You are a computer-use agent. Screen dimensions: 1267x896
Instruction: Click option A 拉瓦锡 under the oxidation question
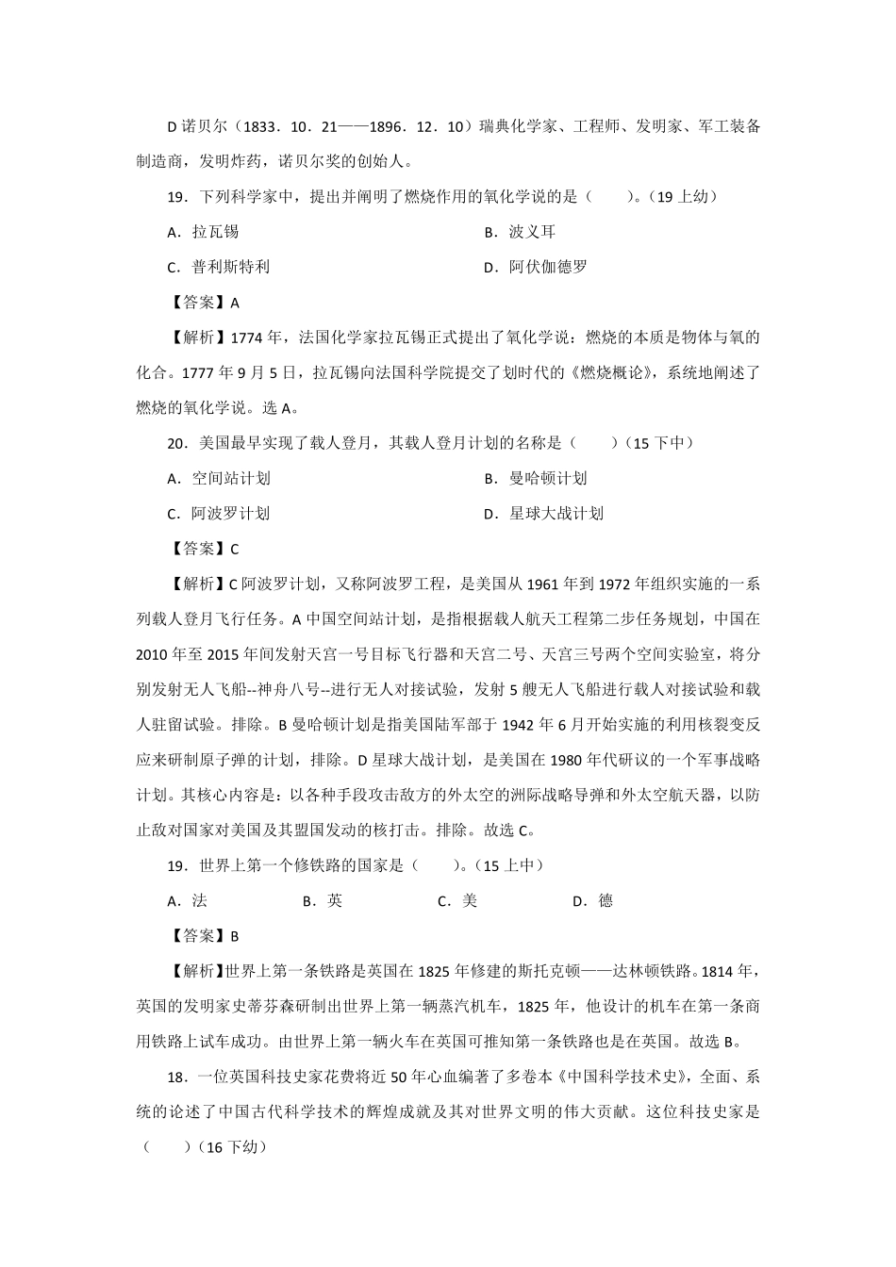pyautogui.click(x=203, y=232)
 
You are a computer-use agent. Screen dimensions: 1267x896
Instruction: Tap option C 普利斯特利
pyautogui.click(x=218, y=267)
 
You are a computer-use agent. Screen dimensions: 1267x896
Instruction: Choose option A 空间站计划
pyautogui.click(x=219, y=478)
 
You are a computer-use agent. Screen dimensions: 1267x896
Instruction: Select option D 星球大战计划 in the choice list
pyautogui.click(x=543, y=514)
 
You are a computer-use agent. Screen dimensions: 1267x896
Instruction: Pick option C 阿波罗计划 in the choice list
pyautogui.click(x=219, y=514)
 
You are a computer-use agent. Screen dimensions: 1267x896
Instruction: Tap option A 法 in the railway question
pyautogui.click(x=188, y=900)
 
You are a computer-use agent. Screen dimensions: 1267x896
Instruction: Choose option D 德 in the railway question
pyautogui.click(x=593, y=900)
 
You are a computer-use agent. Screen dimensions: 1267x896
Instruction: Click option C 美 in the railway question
pyautogui.click(x=458, y=900)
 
